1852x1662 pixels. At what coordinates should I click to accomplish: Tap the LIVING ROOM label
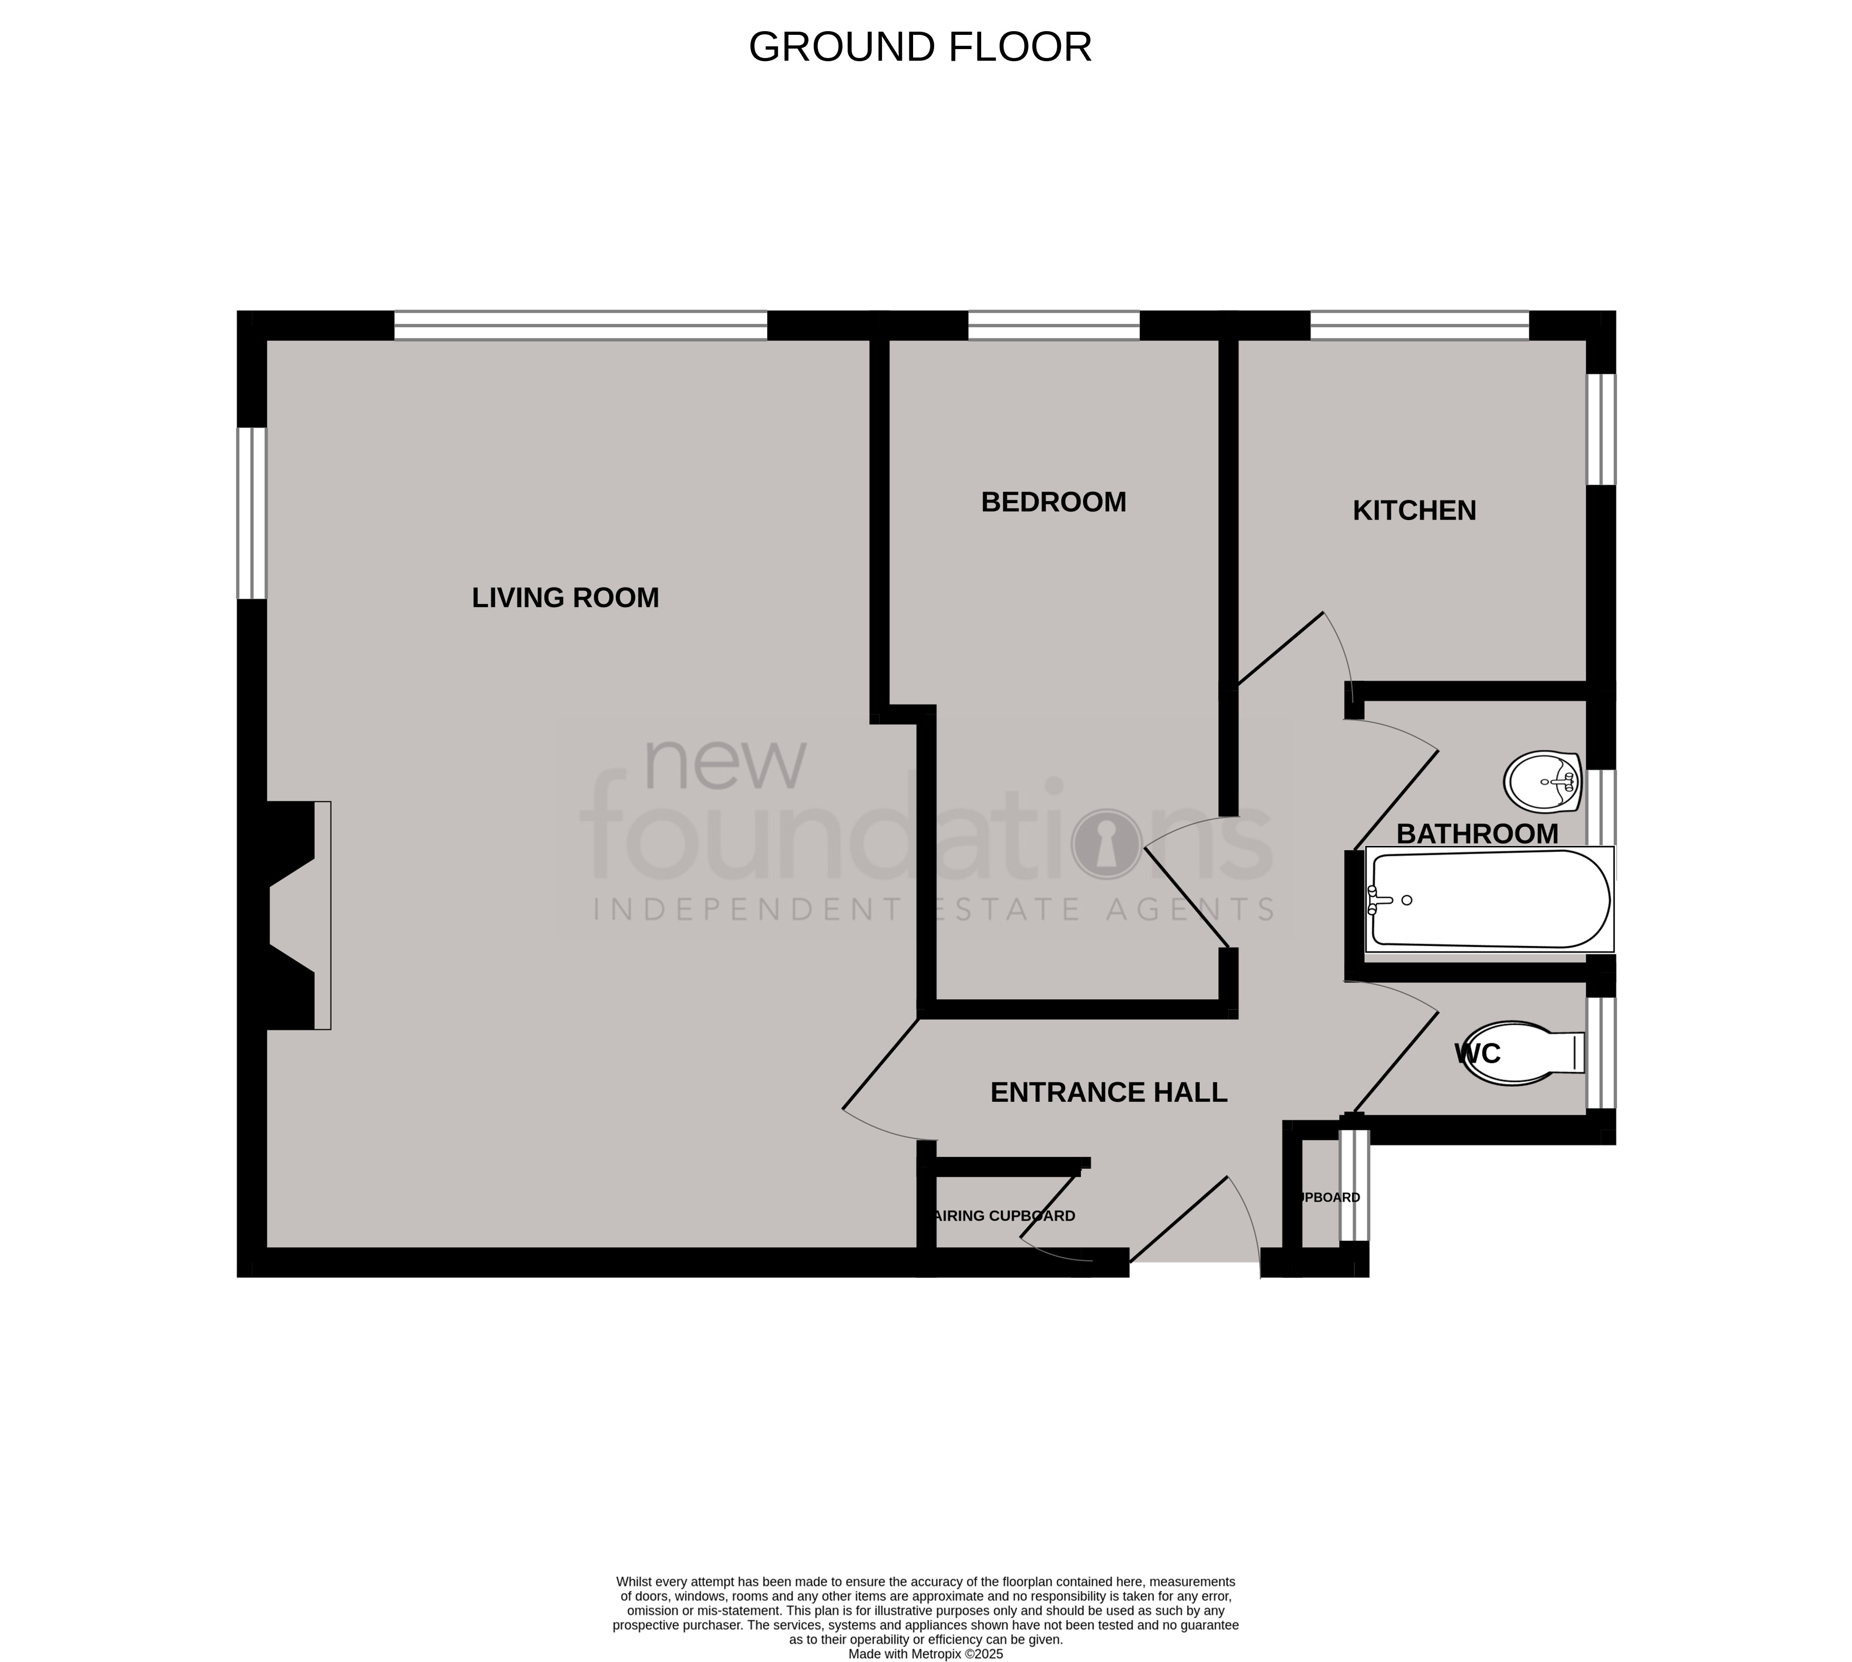(x=565, y=598)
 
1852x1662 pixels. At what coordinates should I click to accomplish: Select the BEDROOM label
(x=1053, y=502)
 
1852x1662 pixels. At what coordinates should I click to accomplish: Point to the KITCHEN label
(x=1414, y=511)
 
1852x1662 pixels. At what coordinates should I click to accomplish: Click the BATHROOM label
(x=1477, y=834)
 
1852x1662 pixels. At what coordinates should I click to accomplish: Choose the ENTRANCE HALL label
(x=1108, y=1092)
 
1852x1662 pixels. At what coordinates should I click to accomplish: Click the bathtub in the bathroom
(x=1489, y=900)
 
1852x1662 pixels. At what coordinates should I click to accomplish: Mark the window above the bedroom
(x=1053, y=325)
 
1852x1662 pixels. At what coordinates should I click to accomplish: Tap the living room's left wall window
(x=251, y=513)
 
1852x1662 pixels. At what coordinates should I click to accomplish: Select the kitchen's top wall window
(x=1419, y=325)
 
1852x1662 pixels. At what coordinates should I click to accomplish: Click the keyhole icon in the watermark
(x=1106, y=843)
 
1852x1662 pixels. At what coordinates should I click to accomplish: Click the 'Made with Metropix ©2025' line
(x=925, y=1654)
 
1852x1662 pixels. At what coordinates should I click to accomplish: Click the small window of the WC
(x=1600, y=1053)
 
